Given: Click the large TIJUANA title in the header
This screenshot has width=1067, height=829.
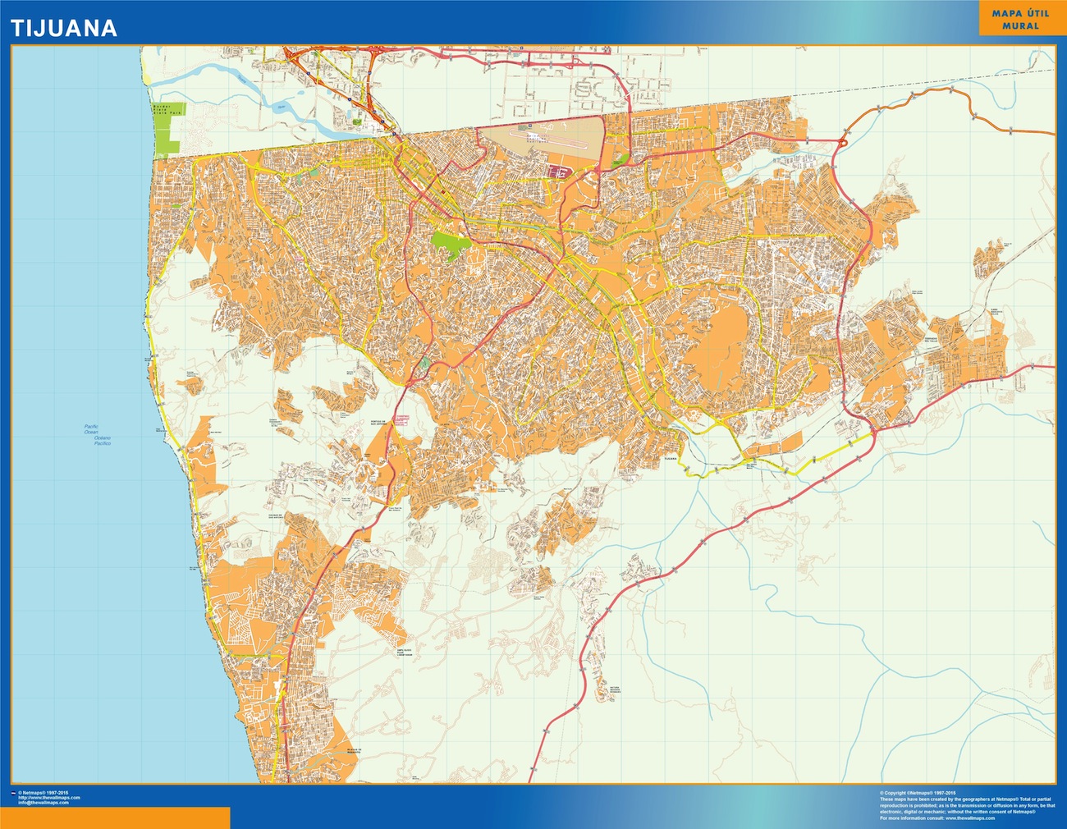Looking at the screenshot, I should (63, 29).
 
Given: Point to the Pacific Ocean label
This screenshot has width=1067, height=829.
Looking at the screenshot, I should (91, 428).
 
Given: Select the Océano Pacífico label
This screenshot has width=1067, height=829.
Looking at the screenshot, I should (102, 440).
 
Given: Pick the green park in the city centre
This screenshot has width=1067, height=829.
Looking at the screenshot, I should (451, 244).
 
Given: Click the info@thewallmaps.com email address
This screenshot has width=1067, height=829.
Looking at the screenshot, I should (49, 802).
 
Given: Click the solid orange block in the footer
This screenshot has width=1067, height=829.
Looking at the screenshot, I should (115, 818).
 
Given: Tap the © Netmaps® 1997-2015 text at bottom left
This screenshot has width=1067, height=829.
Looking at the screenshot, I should (44, 792).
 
